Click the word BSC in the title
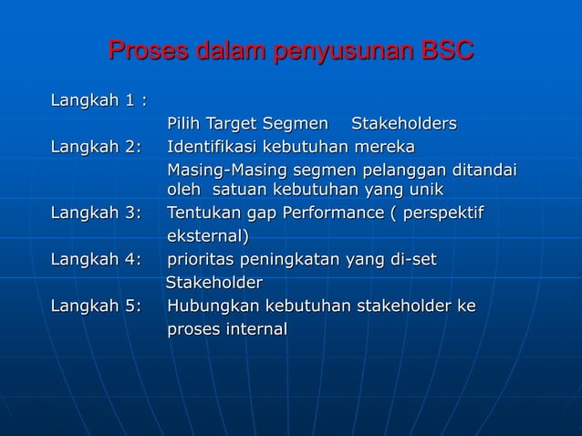coord(446,51)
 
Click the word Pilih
coord(184,124)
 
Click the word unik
coord(425,191)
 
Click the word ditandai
coord(484,171)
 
